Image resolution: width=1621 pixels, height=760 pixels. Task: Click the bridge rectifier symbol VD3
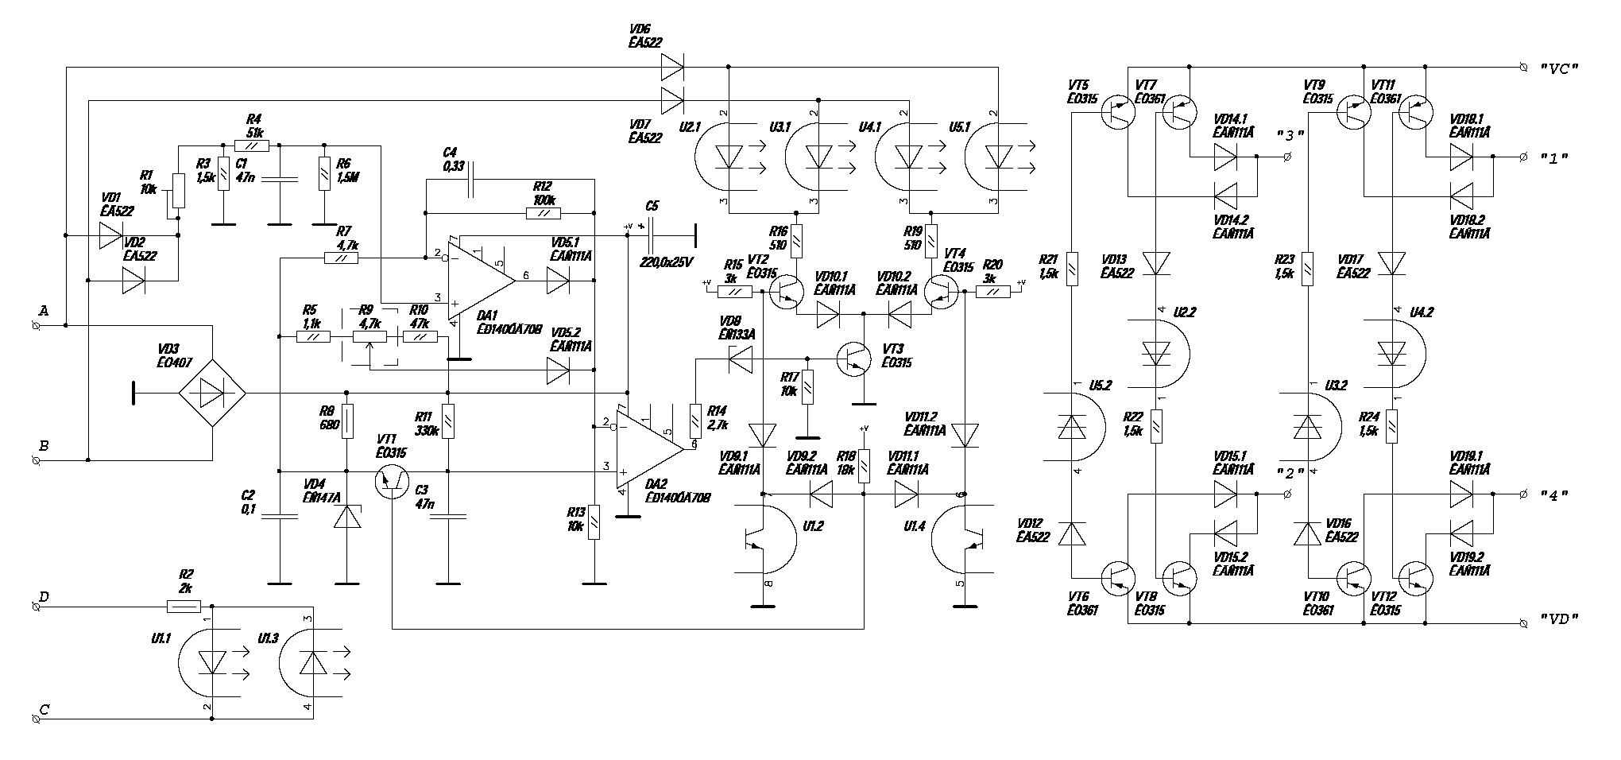(x=211, y=393)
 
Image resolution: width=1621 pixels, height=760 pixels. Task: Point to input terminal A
(x=36, y=325)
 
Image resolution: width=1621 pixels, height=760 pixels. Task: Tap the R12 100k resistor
(x=544, y=213)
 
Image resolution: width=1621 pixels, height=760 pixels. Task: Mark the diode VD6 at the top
(x=672, y=68)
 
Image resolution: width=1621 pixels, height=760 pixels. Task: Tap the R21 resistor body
(x=1072, y=269)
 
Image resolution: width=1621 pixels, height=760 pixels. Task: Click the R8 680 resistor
(x=346, y=423)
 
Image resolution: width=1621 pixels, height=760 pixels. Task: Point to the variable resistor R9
(x=370, y=337)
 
